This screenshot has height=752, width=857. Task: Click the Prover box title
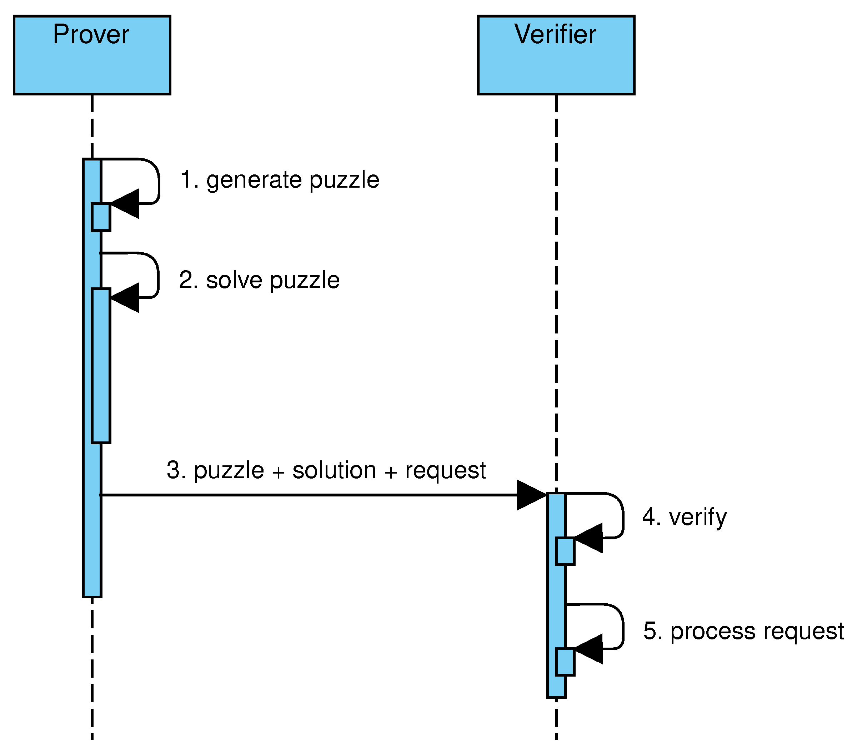(x=91, y=34)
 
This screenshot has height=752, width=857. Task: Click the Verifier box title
(x=555, y=34)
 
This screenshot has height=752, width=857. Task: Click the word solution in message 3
(x=334, y=470)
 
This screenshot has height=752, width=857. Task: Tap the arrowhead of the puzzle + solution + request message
(x=530, y=495)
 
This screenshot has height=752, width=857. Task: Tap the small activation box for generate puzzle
(x=101, y=217)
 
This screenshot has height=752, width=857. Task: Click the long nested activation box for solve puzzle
(x=101, y=365)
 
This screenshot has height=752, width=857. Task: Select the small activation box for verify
(x=565, y=551)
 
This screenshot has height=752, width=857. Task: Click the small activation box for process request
(x=565, y=662)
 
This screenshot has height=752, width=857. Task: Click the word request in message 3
(x=445, y=470)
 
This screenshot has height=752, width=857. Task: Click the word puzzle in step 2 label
(x=305, y=280)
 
